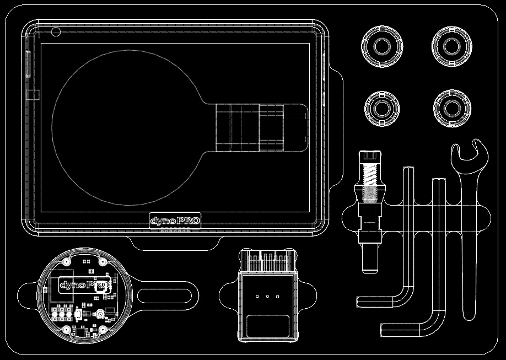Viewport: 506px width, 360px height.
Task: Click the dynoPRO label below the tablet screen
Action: [x=175, y=221]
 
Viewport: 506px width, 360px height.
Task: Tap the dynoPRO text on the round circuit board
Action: [x=84, y=285]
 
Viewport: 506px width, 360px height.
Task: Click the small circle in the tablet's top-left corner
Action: [x=56, y=31]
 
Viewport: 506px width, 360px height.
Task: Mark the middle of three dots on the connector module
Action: [x=267, y=297]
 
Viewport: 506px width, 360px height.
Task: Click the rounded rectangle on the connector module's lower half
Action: [x=268, y=326]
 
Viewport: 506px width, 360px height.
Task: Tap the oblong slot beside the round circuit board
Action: [x=165, y=296]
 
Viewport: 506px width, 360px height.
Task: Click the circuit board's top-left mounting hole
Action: [x=67, y=261]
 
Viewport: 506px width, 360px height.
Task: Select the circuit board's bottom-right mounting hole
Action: [x=103, y=329]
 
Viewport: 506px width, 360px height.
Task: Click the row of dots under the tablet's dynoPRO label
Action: [x=175, y=231]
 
